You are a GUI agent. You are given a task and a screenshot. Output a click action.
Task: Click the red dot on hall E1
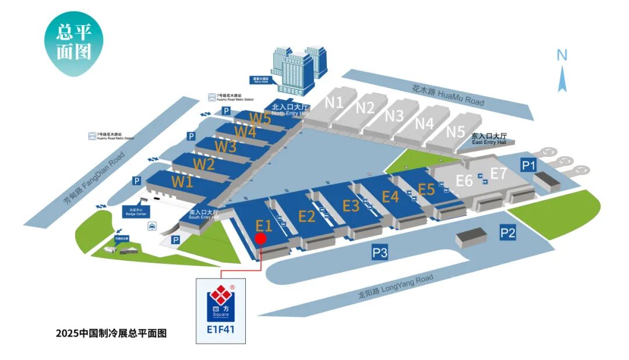(x=261, y=238)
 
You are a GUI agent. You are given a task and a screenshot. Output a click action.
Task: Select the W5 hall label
(x=260, y=118)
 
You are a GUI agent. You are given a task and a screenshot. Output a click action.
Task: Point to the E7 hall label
(x=499, y=173)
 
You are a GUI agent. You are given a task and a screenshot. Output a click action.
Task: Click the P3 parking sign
(x=380, y=252)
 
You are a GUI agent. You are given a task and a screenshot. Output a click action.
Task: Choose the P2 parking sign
(x=508, y=233)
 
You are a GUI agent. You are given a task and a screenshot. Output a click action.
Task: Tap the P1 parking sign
(x=528, y=166)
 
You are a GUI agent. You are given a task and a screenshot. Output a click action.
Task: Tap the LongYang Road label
(x=395, y=287)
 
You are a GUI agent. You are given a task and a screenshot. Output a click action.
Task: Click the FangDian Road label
(x=94, y=179)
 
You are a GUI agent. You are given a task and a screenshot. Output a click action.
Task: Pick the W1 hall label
(x=182, y=181)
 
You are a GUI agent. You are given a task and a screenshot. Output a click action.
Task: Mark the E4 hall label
(x=390, y=196)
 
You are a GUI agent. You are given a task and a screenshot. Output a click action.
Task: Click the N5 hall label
(x=455, y=131)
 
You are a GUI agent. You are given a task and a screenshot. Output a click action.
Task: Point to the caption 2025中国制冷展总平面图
(x=111, y=334)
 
